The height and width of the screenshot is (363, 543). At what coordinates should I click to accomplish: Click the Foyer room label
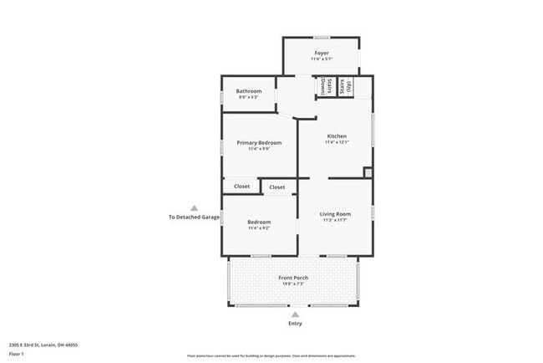[320, 53]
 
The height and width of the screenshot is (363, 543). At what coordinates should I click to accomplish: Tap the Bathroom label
[248, 91]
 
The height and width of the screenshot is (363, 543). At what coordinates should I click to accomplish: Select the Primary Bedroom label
[259, 143]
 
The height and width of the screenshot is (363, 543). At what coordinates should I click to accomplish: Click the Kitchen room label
[337, 136]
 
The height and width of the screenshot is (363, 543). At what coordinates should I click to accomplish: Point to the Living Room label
[336, 214]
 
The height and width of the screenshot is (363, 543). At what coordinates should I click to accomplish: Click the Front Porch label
[293, 278]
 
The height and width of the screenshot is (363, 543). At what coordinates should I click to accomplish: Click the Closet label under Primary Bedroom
[241, 187]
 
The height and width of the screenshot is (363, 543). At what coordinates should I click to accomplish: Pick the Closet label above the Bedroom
[277, 187]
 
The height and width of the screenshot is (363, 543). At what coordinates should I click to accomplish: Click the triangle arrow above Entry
[295, 314]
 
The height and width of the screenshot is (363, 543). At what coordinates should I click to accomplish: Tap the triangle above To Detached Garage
[194, 208]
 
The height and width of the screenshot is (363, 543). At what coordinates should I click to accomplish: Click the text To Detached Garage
[194, 217]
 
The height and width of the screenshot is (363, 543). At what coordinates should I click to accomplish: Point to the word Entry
[295, 324]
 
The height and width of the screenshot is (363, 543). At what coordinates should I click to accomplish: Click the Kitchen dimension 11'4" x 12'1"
[337, 142]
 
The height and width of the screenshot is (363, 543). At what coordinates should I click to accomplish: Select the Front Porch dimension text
[293, 284]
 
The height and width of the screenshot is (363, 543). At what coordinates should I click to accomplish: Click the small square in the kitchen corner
[368, 172]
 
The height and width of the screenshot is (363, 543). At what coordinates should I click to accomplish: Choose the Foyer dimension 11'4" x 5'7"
[320, 59]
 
